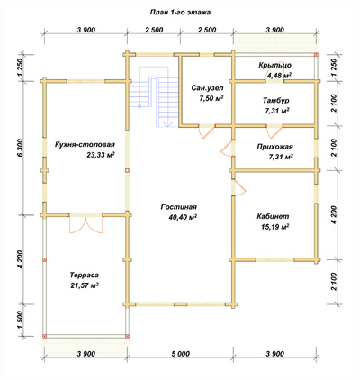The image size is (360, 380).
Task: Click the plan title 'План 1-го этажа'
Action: coord(180,13)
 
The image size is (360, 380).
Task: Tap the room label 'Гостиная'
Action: coord(179,207)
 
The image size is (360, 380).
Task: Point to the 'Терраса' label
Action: coord(85,275)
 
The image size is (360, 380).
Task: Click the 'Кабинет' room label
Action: coord(273,216)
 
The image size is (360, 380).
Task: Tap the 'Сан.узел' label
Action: coord(207,88)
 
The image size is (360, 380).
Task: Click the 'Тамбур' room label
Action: coord(276,100)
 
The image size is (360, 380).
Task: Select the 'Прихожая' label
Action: coord(274,147)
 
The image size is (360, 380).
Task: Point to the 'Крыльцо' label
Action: coord(274,65)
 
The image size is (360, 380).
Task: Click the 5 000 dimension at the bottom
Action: coord(180,354)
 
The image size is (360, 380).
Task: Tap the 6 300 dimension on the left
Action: coord(20,148)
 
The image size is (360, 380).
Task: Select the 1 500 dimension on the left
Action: coord(20,320)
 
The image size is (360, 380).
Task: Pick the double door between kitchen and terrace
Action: coord(86,223)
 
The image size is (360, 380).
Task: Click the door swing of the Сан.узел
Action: coord(206,131)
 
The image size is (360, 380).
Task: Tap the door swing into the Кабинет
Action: coord(238,187)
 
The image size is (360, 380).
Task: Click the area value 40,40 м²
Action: coord(183,217)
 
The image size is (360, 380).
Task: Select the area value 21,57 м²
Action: coord(85,285)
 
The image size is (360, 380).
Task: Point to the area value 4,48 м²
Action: coord(279,76)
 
